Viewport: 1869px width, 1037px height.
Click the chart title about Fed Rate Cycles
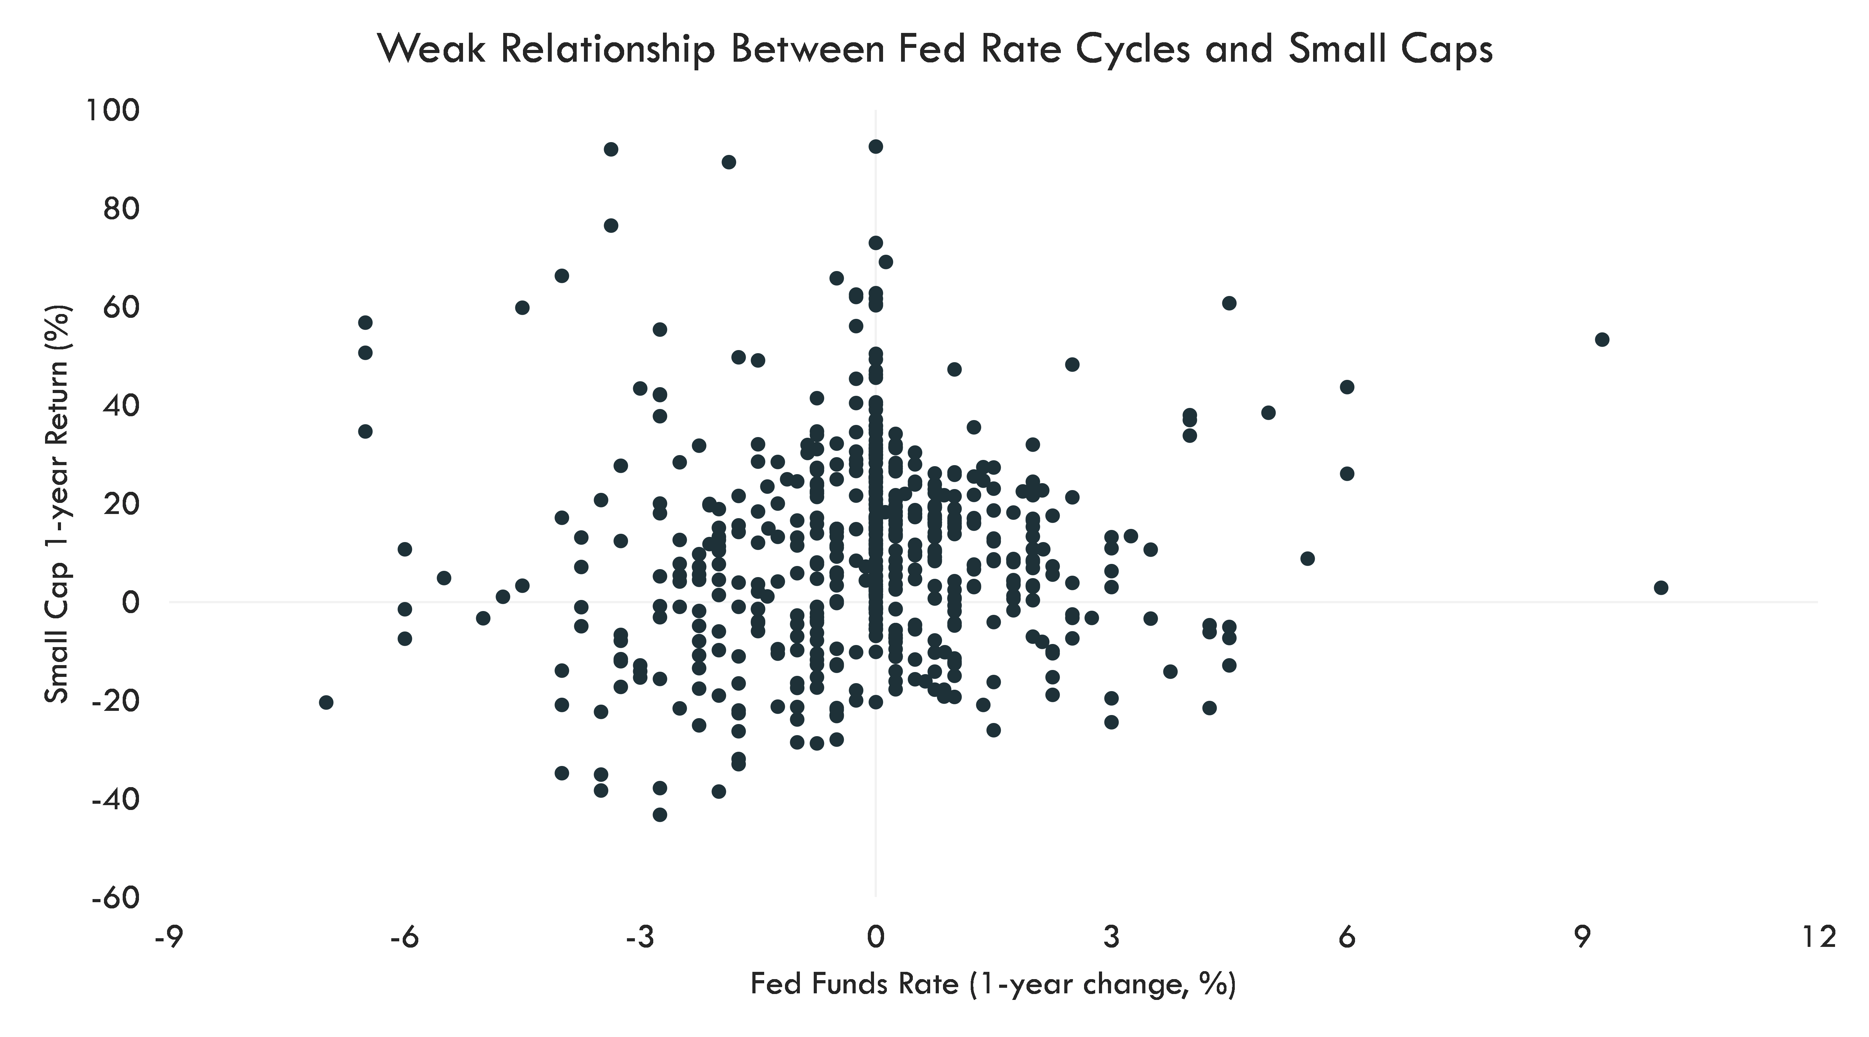[x=934, y=49]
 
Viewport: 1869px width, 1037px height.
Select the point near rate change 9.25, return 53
[x=1602, y=340]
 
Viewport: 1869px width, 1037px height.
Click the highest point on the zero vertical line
[x=876, y=147]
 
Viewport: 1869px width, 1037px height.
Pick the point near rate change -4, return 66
[x=561, y=276]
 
